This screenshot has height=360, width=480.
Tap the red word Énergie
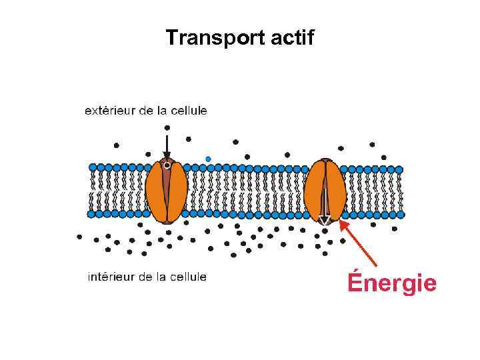[x=391, y=283]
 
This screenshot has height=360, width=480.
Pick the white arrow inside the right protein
[x=325, y=203]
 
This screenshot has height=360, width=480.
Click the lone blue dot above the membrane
[x=208, y=159]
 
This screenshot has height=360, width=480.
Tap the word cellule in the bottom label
[x=189, y=277]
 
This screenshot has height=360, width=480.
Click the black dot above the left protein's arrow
[x=167, y=127]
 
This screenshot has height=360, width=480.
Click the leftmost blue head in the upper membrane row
[x=93, y=168]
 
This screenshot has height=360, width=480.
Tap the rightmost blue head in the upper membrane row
[x=399, y=169]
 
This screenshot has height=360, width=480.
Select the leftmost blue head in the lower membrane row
[x=91, y=215]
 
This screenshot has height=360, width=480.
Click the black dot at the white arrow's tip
[x=325, y=231]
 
